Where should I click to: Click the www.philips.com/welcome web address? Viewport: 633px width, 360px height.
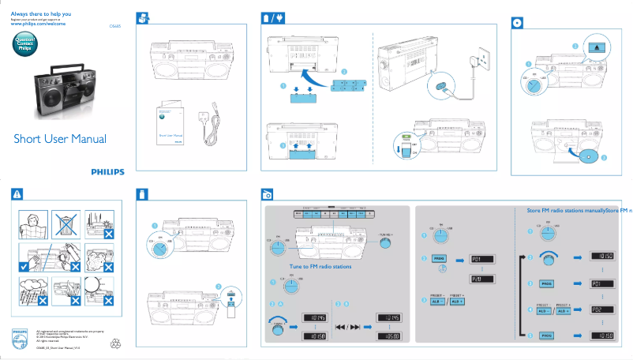[38, 24]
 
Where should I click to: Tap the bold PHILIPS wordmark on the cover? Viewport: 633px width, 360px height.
[107, 171]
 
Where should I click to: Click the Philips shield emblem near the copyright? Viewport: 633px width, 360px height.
[19, 333]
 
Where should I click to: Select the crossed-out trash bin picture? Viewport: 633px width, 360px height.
[62, 224]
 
